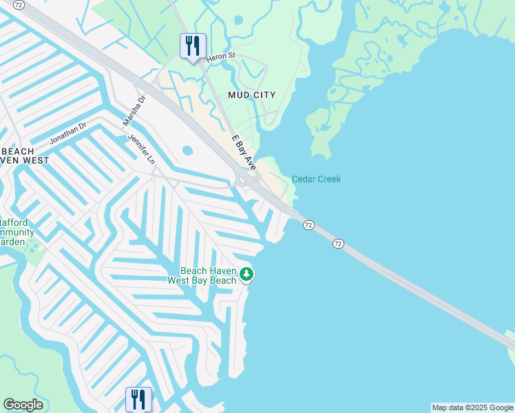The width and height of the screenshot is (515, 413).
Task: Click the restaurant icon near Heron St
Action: click(193, 46)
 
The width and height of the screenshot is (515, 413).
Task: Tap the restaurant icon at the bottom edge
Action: click(138, 399)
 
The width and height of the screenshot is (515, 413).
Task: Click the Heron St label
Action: click(221, 55)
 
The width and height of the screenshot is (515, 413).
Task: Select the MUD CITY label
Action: click(246, 95)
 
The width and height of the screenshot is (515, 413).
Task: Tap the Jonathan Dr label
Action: click(67, 134)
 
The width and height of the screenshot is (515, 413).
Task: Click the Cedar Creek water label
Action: click(316, 179)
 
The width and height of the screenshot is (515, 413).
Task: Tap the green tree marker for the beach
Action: click(246, 275)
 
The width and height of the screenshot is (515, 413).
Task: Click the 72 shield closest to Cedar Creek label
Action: click(308, 225)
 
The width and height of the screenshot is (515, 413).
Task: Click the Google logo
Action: click(23, 405)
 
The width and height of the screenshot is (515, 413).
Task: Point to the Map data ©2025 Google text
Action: click(472, 407)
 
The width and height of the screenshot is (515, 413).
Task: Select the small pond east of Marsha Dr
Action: click(187, 150)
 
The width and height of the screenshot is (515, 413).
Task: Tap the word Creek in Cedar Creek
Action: click(328, 179)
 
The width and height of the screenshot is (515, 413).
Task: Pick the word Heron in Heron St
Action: click(216, 55)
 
